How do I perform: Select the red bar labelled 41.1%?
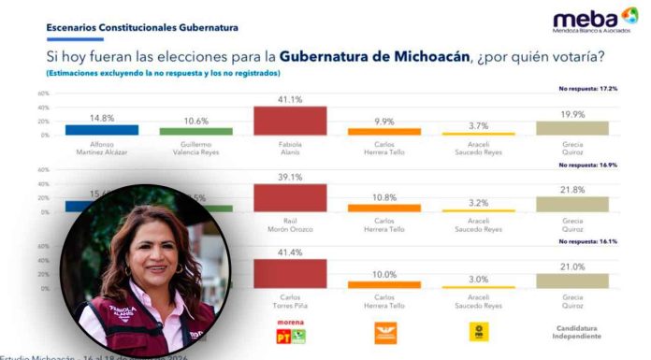coord(290,121)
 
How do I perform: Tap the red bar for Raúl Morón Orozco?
coord(290,197)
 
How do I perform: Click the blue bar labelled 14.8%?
coord(102,130)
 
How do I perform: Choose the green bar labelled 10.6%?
coord(195,132)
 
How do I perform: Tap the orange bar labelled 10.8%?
coord(383,208)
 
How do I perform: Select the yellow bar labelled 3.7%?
coord(477,134)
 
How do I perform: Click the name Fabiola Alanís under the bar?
coord(290,148)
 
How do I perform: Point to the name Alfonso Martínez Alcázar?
coord(102,148)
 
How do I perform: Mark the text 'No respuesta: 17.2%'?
coord(587,88)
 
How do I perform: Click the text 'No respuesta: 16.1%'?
coord(587,240)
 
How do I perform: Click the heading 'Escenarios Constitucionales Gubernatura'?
coord(142,28)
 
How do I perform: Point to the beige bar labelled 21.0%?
coord(571,281)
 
